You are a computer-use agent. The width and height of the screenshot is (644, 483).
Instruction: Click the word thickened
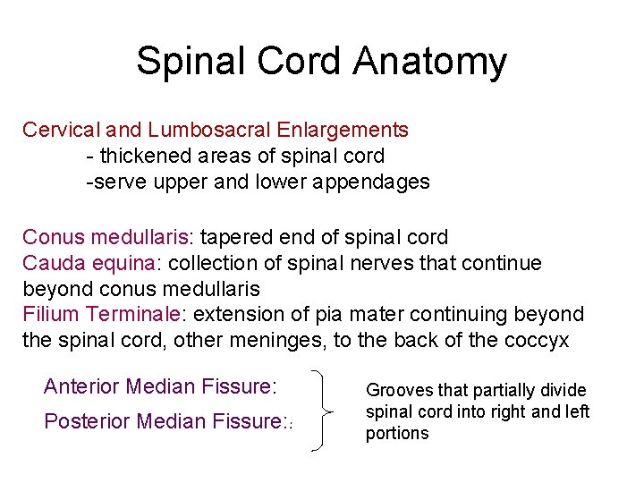[143, 156]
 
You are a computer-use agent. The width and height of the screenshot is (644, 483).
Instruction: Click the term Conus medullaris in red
[106, 237]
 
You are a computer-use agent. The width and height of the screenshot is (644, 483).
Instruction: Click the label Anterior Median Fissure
[160, 386]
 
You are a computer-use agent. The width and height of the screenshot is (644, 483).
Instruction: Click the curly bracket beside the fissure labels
[322, 411]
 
